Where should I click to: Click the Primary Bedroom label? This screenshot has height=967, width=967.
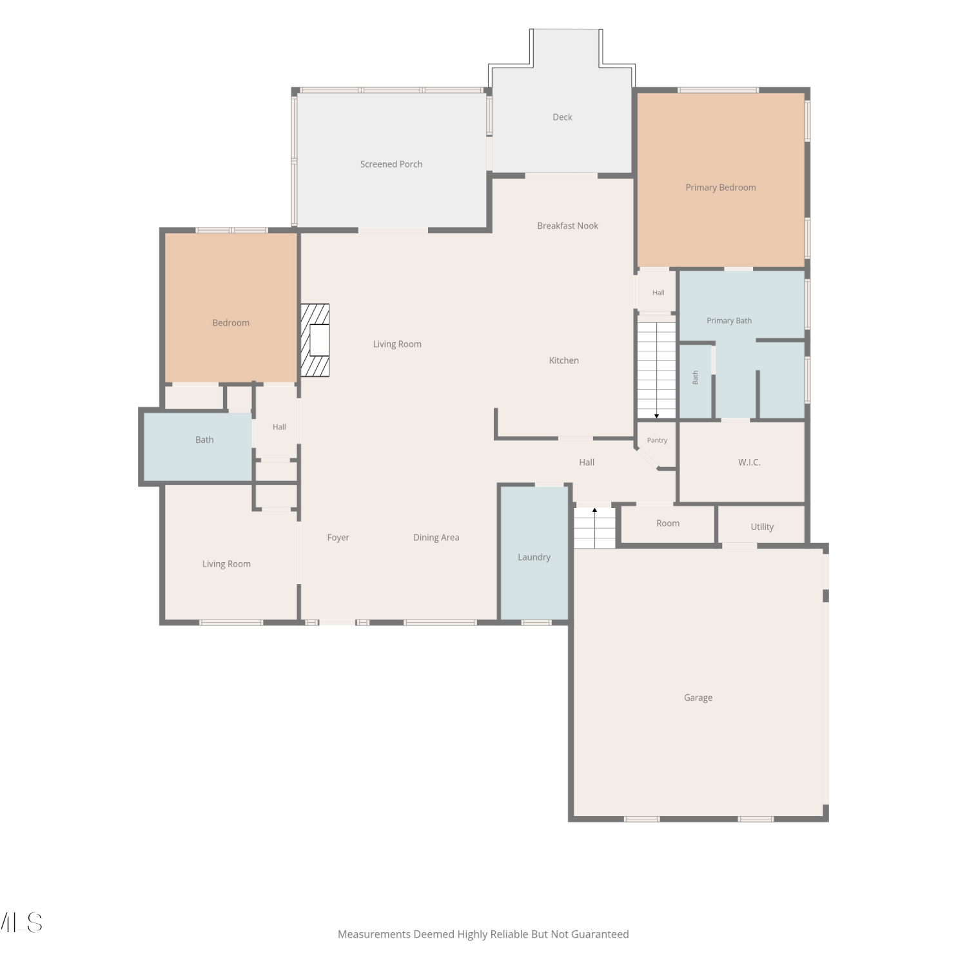(721, 188)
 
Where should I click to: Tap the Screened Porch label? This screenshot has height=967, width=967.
(391, 164)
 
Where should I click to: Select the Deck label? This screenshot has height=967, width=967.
(562, 117)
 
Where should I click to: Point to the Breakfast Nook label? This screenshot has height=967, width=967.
(568, 226)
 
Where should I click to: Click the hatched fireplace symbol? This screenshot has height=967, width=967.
(315, 340)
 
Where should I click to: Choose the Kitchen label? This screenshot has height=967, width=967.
(564, 360)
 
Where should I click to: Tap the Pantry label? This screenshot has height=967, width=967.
(657, 440)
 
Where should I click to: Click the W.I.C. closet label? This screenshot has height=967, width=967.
(749, 462)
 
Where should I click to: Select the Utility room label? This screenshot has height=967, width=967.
(762, 527)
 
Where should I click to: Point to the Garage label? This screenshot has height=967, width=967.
(698, 698)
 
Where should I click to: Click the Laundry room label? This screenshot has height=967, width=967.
(534, 557)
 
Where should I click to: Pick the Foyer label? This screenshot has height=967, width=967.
(338, 538)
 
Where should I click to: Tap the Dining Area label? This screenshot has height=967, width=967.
(436, 538)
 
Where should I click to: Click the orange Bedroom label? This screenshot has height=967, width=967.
(231, 323)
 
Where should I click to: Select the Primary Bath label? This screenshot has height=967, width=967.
(729, 320)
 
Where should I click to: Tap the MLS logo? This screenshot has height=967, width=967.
(21, 923)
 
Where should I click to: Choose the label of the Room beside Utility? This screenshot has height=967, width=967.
(668, 523)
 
